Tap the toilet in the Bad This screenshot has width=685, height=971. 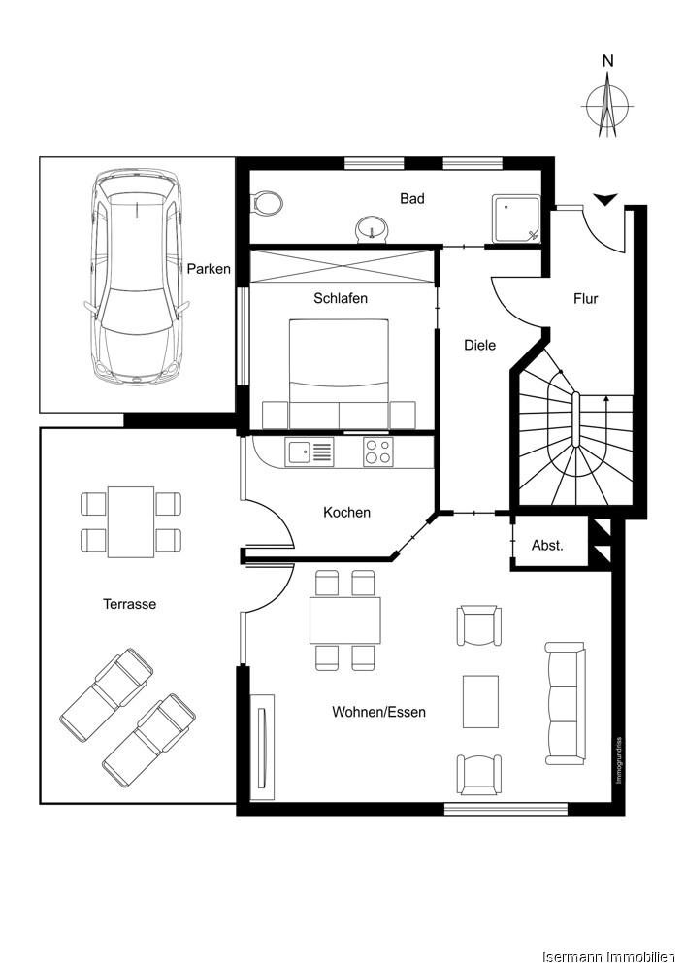pos(266,203)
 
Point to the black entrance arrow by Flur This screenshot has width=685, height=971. pos(605,200)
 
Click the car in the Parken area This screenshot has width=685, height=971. pos(137,277)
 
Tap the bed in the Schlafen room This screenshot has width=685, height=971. pos(340,374)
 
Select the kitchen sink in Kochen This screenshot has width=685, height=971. pos(310,451)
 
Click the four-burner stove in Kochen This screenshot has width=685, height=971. pos(378,452)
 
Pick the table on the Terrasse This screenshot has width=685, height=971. pos(131,521)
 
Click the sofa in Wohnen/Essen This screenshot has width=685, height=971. pos(565,701)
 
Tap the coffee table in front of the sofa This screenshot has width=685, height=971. pos(480,701)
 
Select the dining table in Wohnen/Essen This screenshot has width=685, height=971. pos(344,620)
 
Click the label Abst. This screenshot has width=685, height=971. pos(547,546)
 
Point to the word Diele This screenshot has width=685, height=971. pos(479,345)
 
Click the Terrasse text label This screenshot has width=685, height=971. pos(130,604)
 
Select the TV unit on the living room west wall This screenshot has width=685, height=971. pos(261,746)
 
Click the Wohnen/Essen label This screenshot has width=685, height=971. pos(378,712)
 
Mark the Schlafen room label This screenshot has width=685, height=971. pos(340,298)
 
